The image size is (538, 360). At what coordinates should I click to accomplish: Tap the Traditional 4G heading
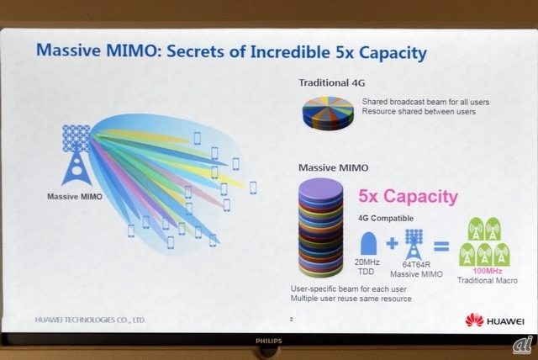pyautogui.click(x=332, y=82)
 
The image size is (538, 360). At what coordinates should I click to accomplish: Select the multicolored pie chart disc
pyautogui.click(x=328, y=113)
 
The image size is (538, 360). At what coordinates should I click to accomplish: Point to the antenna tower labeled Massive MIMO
pyautogui.click(x=76, y=155)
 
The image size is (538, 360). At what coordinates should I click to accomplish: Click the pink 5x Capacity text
pyautogui.click(x=408, y=196)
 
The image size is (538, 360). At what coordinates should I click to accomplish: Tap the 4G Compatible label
pyautogui.click(x=386, y=218)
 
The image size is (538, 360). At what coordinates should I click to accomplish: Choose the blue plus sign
pyautogui.click(x=393, y=243)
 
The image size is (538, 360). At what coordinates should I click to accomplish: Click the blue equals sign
pyautogui.click(x=441, y=246)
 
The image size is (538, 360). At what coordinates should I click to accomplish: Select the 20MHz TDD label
pyautogui.click(x=367, y=267)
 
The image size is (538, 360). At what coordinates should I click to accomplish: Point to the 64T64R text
pyautogui.click(x=416, y=265)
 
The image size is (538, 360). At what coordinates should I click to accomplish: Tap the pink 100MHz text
pyautogui.click(x=488, y=271)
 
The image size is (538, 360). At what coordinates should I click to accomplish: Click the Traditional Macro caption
pyautogui.click(x=488, y=280)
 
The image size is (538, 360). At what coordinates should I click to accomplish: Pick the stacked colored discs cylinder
pyautogui.click(x=321, y=228)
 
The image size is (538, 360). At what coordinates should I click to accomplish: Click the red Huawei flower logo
pyautogui.click(x=474, y=320)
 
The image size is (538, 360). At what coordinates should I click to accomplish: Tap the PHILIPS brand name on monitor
pyautogui.click(x=269, y=341)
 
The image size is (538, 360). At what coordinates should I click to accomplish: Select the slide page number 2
pyautogui.click(x=292, y=319)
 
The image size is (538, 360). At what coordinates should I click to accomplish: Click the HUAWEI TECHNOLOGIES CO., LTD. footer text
pyautogui.click(x=90, y=320)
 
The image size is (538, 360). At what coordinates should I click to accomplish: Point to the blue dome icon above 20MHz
pyautogui.click(x=368, y=244)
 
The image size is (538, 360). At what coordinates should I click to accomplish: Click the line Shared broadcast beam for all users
pyautogui.click(x=425, y=102)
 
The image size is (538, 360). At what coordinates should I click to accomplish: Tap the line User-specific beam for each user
pyautogui.click(x=349, y=289)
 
